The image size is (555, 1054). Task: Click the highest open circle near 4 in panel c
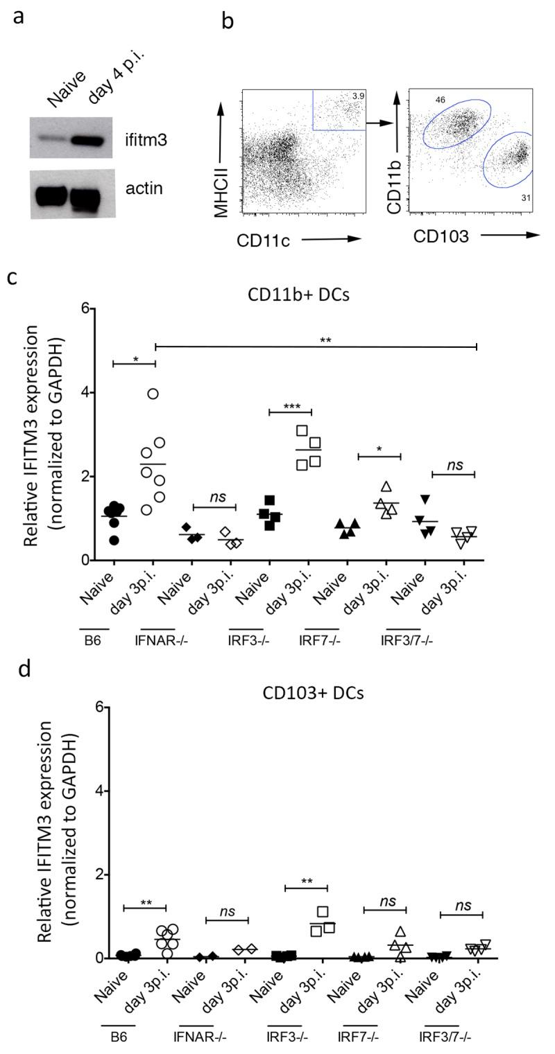[x=153, y=394]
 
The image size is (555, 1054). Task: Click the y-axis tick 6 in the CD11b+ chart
[x=87, y=309]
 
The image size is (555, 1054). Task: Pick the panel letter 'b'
[x=228, y=21]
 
